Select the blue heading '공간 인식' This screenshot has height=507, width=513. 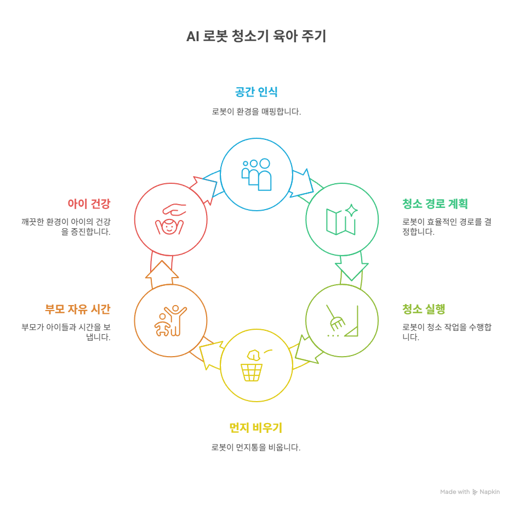[256, 92]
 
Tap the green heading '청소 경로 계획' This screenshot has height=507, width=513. [435, 204]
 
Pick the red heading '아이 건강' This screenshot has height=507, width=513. [89, 204]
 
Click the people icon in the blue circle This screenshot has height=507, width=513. [256, 174]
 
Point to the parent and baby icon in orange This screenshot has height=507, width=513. [170, 320]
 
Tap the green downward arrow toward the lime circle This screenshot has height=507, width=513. [351, 267]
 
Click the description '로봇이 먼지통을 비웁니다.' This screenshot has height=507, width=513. [255, 448]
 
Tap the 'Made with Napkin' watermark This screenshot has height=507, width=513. [470, 492]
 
